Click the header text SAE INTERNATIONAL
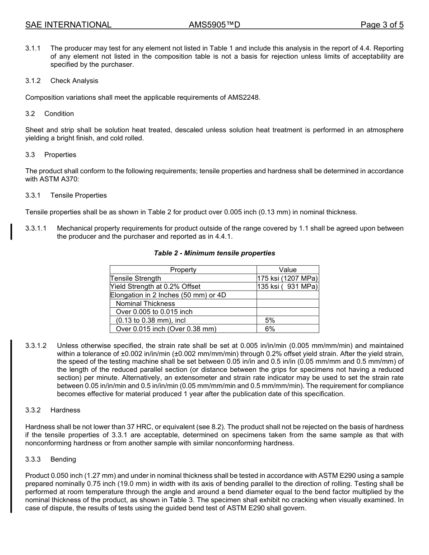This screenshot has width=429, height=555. [x=68, y=25]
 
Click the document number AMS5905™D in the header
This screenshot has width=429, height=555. [x=214, y=25]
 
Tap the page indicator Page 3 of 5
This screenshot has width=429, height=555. [x=382, y=25]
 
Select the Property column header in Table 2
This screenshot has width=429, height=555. [x=183, y=270]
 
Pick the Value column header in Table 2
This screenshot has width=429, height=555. [x=288, y=270]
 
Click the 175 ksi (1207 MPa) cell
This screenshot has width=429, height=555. [x=288, y=278]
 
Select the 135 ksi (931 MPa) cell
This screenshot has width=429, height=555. [x=288, y=287]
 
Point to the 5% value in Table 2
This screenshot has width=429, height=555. [x=270, y=320]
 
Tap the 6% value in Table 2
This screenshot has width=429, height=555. [x=270, y=329]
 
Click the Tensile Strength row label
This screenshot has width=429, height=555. [x=135, y=278]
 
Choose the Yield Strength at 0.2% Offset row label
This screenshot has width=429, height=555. [x=155, y=287]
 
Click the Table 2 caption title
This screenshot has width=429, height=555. [x=214, y=253]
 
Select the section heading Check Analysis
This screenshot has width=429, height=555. [x=74, y=81]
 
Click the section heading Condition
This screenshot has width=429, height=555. [x=59, y=114]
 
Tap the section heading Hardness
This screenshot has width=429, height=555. [x=65, y=410]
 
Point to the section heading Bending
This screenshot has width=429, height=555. [x=63, y=459]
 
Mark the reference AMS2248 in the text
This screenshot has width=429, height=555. [x=244, y=97]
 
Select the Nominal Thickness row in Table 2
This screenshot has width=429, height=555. [x=145, y=304]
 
